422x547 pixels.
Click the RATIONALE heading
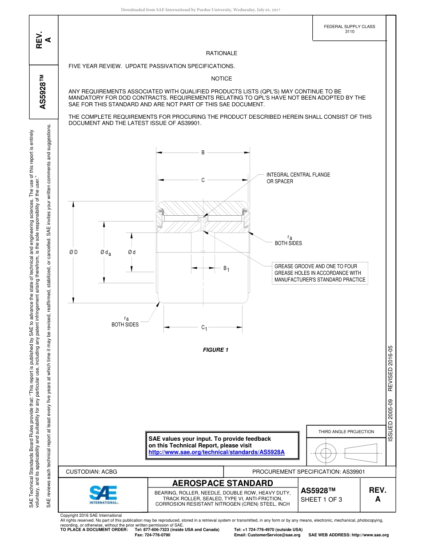coord(221,53)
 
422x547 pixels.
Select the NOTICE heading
coord(221,79)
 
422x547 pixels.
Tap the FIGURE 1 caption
coord(215,350)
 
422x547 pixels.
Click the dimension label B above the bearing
coord(203,153)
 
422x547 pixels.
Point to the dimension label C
coord(203,180)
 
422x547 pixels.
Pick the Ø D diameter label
coord(73,253)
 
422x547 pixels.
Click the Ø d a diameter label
coord(105,253)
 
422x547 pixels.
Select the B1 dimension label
coord(226,269)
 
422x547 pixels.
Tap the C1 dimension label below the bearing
coord(204,328)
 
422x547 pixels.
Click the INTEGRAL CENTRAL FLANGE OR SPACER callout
coord(298,178)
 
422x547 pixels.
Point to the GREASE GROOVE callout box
coord(320,273)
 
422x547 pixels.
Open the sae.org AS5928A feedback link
coord(216,452)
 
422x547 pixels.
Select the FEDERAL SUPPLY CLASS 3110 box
coord(349,29)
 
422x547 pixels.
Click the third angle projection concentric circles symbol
coord(326,453)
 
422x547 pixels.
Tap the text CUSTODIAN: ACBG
coord(92,472)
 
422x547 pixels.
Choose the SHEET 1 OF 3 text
coord(322,499)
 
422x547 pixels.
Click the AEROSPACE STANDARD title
coord(223,483)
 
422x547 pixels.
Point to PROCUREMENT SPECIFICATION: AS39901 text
coord(308,472)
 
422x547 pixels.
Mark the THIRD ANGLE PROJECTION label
coord(346,431)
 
